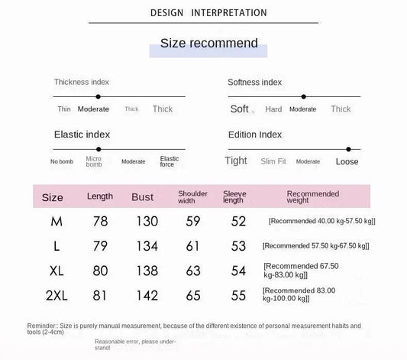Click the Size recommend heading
click(x=208, y=43)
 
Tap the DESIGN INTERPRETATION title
click(x=208, y=13)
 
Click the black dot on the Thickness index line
click(x=99, y=96)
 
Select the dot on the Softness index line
click(x=303, y=96)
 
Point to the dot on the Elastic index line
click(x=99, y=149)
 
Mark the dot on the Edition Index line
click(x=348, y=149)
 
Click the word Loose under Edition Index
click(x=347, y=162)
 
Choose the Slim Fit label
click(x=273, y=162)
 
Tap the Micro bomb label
click(x=93, y=161)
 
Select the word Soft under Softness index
click(x=240, y=109)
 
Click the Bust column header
click(x=142, y=197)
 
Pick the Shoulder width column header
click(x=192, y=197)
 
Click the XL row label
click(x=57, y=270)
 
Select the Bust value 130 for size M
click(x=146, y=222)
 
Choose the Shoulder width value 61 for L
click(x=192, y=245)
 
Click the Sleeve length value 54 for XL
click(x=238, y=270)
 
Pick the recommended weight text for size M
click(x=322, y=221)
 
